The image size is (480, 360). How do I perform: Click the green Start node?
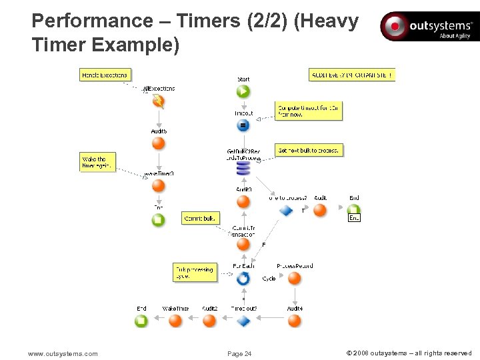(243, 91)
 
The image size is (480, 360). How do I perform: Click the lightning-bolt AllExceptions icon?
(159, 102)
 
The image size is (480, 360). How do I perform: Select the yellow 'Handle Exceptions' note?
(104, 75)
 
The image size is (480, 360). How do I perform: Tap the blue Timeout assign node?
(243, 125)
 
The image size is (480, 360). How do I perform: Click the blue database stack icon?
(243, 169)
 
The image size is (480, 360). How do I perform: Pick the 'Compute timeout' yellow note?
(309, 111)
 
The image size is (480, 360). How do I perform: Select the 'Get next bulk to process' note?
(309, 151)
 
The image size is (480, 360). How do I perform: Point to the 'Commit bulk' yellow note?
(200, 218)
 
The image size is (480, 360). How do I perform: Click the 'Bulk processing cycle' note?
(195, 272)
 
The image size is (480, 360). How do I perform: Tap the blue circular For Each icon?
(243, 279)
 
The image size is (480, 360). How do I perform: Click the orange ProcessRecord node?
(295, 279)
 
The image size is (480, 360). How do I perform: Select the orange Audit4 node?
(295, 321)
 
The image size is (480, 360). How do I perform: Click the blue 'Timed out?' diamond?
(243, 321)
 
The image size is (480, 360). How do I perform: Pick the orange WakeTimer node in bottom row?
(175, 321)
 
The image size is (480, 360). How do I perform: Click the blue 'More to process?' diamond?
(286, 210)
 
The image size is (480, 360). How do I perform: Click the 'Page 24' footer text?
(239, 353)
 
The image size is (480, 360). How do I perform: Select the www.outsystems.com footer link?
(63, 353)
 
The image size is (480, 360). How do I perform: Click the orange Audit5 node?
(159, 144)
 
